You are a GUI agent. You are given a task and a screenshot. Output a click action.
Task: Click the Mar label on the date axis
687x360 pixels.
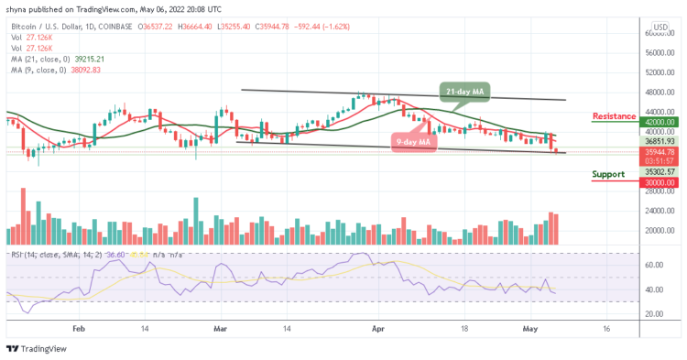220,327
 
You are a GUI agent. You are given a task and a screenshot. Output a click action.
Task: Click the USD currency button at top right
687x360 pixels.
660,26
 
